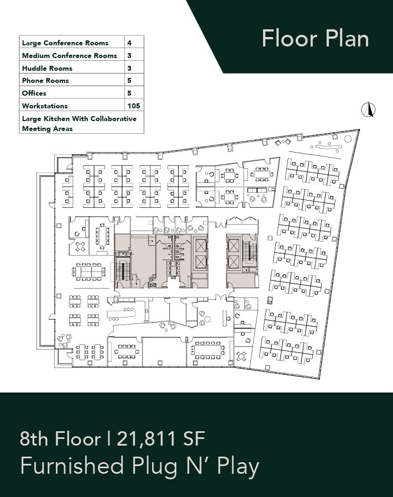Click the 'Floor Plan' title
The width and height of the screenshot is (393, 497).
[315, 39]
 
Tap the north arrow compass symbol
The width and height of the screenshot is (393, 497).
[366, 109]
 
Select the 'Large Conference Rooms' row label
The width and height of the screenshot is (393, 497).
[65, 43]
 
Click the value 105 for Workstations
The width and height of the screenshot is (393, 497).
[133, 106]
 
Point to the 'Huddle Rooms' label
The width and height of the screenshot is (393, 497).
[47, 68]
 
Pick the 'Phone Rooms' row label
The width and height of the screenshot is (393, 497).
[45, 81]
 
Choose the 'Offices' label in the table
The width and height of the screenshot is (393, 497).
[34, 93]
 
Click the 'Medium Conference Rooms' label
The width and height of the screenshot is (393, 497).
[70, 55]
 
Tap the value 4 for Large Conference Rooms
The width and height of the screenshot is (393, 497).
[129, 43]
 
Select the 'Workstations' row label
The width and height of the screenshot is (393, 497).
[45, 106]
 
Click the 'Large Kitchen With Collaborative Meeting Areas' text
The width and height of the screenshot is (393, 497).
[79, 123]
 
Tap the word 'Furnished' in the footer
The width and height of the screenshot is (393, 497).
[72, 467]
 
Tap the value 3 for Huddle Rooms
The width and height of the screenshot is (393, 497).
[129, 68]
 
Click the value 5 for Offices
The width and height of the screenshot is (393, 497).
[129, 93]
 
